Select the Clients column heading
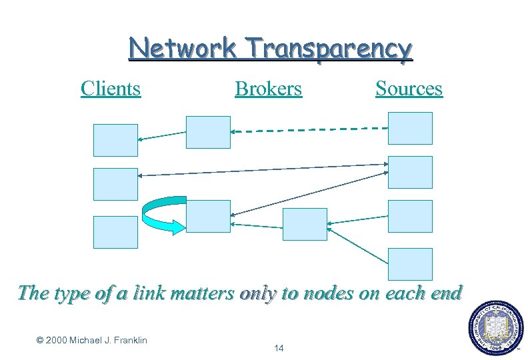111,88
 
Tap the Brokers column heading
268,88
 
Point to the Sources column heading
409,88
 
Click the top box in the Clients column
115,140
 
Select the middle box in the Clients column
115,184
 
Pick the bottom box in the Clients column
115,232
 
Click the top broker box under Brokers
208,132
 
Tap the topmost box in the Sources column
410,128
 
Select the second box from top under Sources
410,172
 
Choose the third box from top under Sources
410,216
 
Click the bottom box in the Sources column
410,264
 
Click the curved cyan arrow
160,215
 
